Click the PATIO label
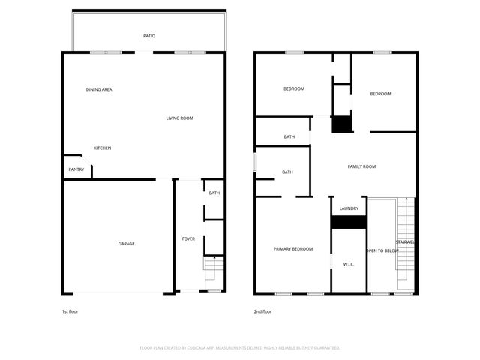point(149,36)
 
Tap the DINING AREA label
point(99,90)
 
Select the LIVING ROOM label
point(180,118)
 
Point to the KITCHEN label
point(102,148)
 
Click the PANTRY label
point(76,169)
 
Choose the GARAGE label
point(126,244)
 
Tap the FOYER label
point(188,239)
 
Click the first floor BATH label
point(214,193)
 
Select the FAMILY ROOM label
point(361,166)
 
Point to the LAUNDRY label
point(349,208)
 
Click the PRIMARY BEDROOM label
point(293,249)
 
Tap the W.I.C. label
point(349,264)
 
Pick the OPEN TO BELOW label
point(382,250)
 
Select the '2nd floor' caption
point(263,311)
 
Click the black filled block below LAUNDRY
point(349,223)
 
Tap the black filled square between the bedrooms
point(342,124)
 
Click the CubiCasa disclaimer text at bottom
point(240,348)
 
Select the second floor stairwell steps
point(405,232)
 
